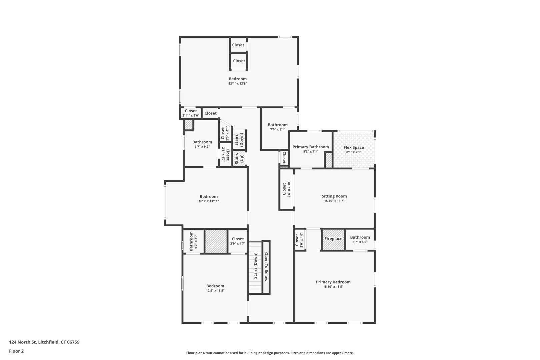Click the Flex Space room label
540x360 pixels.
coord(354,147)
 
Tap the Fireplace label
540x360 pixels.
coord(333,239)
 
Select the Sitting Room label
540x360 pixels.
coord(334,196)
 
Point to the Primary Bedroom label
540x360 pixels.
coord(333,282)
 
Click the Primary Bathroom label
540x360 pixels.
coord(311,147)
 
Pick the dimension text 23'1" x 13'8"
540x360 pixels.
coord(238,84)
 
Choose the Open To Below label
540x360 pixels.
coord(266,267)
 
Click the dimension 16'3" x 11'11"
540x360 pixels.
coord(209,201)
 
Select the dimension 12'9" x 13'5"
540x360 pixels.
coord(215,291)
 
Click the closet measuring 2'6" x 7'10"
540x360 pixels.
coord(286,189)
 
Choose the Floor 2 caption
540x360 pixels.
coord(16,351)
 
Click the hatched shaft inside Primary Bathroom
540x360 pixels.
coord(328,160)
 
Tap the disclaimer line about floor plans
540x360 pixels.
coord(270,353)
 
